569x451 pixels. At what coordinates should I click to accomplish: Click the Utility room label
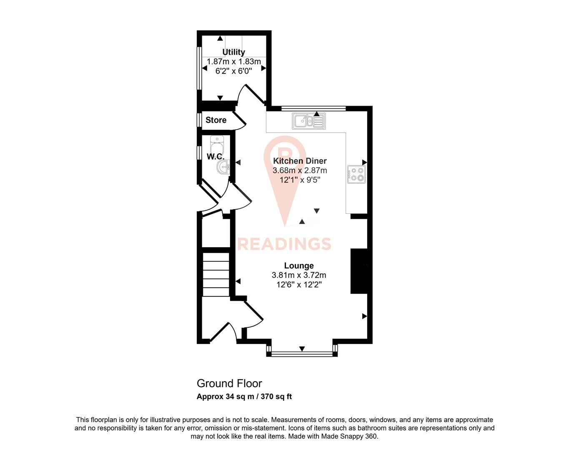point(233,52)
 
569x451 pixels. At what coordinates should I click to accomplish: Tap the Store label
point(216,120)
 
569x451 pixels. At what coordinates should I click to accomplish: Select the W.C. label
point(215,157)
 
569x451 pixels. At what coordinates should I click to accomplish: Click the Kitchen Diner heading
point(300,161)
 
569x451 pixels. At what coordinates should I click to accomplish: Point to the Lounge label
point(299,266)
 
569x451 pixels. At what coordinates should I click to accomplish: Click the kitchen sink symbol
point(309,121)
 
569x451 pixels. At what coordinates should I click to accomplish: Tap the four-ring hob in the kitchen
point(356,174)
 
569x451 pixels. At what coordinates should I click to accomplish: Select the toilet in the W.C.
point(217,146)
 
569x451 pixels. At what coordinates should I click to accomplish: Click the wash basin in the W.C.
point(223,168)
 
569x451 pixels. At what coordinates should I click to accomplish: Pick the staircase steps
point(216,274)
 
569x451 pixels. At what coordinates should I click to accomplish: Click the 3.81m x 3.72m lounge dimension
point(299,275)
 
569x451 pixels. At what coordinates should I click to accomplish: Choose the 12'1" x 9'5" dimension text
point(300,180)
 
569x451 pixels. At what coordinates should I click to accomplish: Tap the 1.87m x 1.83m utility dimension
point(233,62)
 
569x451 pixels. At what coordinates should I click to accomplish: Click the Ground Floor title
point(229,383)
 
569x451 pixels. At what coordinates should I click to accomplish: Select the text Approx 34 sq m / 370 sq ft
point(244,397)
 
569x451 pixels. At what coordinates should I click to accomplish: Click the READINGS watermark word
point(284,244)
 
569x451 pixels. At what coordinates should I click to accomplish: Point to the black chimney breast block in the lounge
point(359,271)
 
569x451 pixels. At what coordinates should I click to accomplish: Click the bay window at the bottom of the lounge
point(302,355)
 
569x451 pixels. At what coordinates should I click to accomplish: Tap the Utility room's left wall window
point(199,67)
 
